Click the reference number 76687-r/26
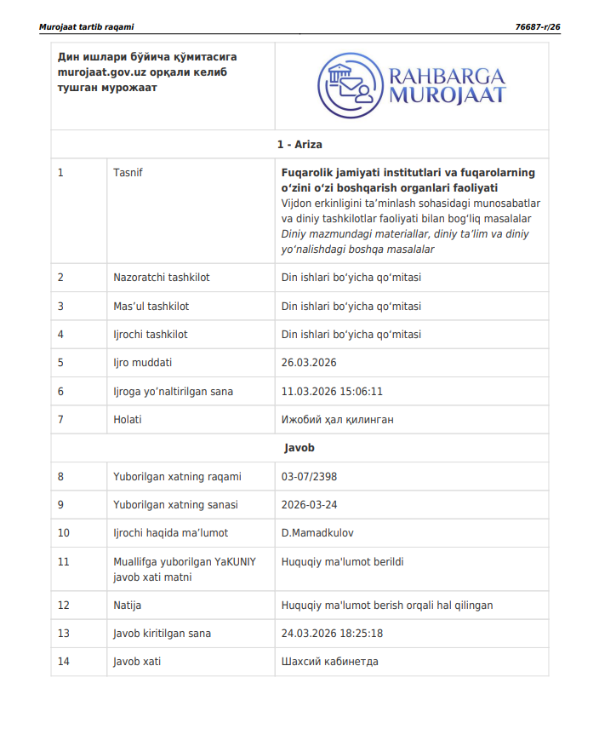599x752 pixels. pos(537,27)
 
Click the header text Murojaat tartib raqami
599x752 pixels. pos(86,27)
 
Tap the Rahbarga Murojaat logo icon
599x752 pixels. pos(348,85)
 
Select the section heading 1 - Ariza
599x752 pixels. pos(299,145)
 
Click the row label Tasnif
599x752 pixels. pos(128,173)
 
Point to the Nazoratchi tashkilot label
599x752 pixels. pos(162,278)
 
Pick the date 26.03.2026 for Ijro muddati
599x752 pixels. pos(309,363)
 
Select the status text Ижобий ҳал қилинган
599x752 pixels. pos(337,420)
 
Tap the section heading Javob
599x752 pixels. pos(299,447)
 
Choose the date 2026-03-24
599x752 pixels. pos(310,505)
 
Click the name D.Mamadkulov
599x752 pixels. pos(317,533)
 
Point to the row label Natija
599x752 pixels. pos(128,606)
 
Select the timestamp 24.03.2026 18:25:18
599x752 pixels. pos(332,634)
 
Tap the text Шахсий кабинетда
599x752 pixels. pos(330,662)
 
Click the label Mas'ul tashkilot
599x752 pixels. pos(151,307)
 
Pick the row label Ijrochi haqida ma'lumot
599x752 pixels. pos(170,533)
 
